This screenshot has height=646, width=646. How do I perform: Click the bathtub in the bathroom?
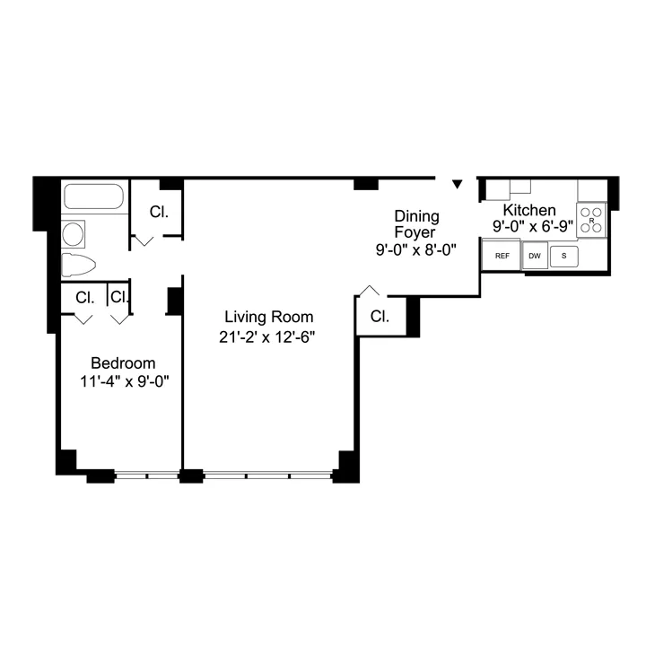(x=93, y=196)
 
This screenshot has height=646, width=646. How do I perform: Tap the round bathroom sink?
(x=74, y=235)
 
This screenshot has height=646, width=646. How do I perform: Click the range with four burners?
(x=591, y=220)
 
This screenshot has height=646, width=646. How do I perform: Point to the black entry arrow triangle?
(x=457, y=184)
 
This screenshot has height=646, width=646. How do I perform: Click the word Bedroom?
(x=123, y=363)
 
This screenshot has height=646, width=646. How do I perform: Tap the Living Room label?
(x=268, y=317)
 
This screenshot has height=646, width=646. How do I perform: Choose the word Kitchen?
(x=529, y=210)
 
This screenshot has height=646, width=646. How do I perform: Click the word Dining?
(x=417, y=215)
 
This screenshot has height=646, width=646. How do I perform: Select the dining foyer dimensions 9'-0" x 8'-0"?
(x=416, y=250)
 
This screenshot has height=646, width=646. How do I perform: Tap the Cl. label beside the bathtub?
(x=159, y=213)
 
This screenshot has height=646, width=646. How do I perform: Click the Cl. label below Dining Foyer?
(x=380, y=317)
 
